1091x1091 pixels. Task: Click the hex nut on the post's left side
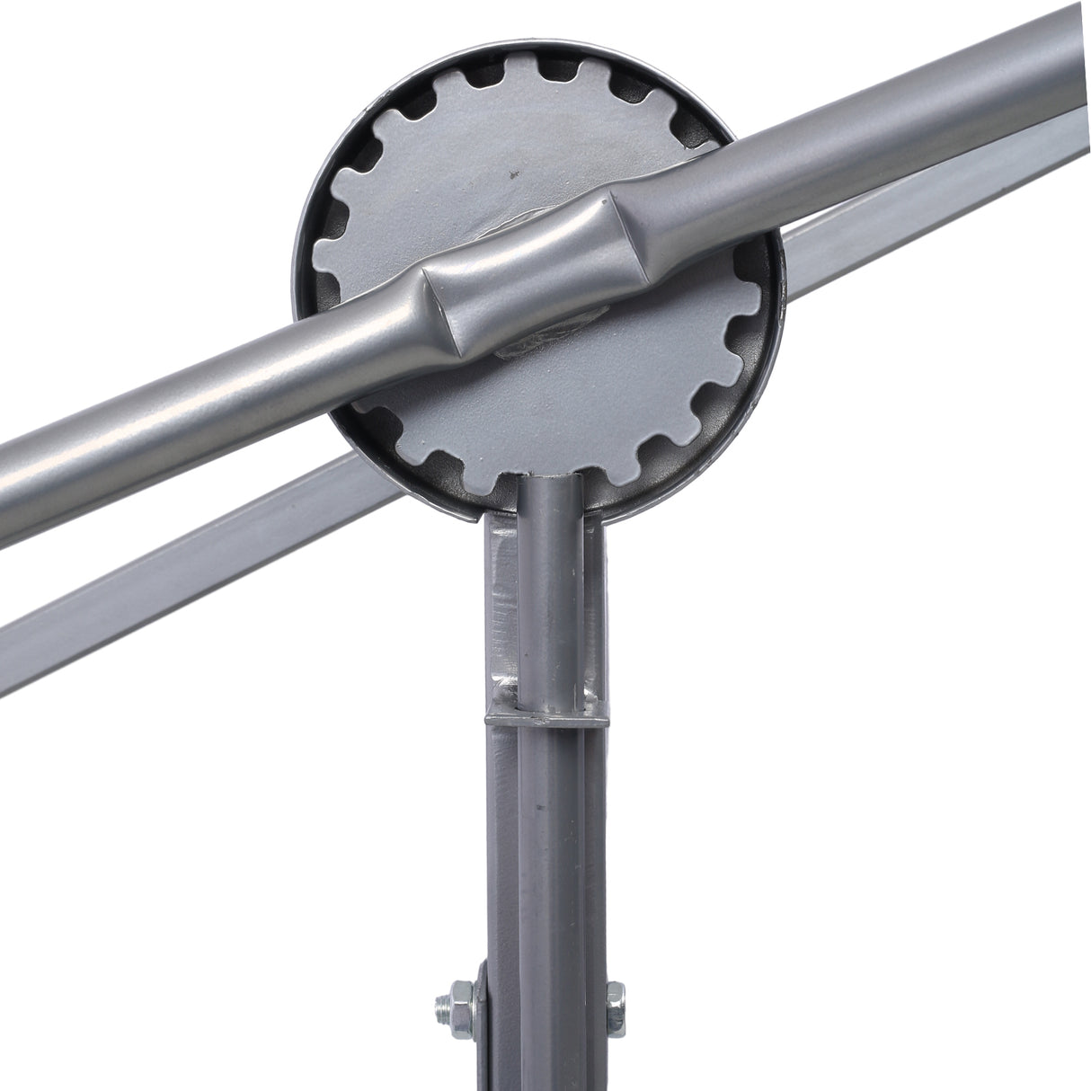pos(448,1004)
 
